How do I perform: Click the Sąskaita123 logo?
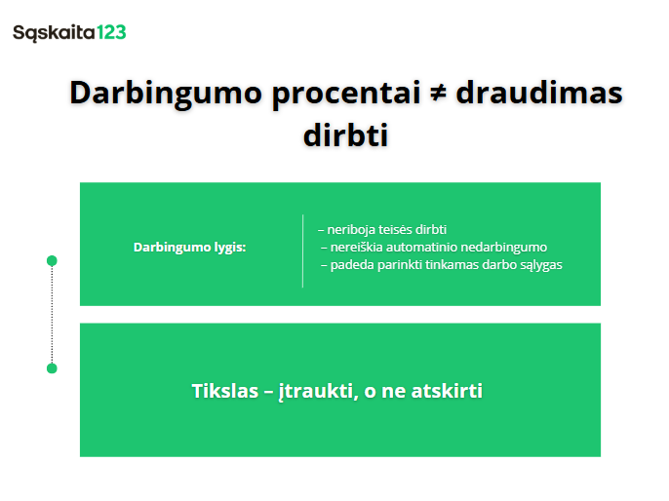pyautogui.click(x=69, y=32)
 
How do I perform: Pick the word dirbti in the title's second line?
pyautogui.click(x=346, y=135)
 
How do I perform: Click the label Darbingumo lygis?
pyautogui.click(x=190, y=248)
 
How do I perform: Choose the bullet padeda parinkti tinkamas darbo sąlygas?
pyautogui.click(x=441, y=264)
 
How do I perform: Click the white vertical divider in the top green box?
pyautogui.click(x=303, y=250)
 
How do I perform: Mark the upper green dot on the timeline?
pyautogui.click(x=52, y=261)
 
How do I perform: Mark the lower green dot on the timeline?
pyautogui.click(x=52, y=368)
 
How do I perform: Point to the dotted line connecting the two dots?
pyautogui.click(x=52, y=315)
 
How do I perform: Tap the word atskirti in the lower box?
pyautogui.click(x=445, y=392)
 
